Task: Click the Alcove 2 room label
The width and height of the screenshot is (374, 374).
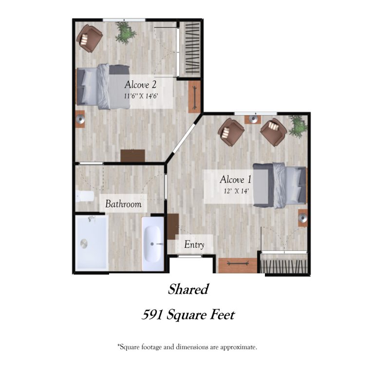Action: pos(140,85)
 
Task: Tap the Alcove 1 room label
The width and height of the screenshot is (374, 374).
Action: pos(235,180)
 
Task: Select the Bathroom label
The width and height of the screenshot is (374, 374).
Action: pos(123,204)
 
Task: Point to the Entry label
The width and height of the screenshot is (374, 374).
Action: pos(194,245)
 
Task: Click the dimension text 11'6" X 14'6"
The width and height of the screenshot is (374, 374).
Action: pos(141,96)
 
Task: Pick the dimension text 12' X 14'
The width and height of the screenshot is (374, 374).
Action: pos(237,191)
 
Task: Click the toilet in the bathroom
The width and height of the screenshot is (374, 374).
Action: pos(85,196)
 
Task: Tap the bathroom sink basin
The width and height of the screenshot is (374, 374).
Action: pos(152,244)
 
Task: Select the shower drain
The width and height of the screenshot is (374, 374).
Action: pos(84,244)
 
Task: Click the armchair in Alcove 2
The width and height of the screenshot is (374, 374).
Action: pos(90,38)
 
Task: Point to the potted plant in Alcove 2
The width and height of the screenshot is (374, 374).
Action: pos(125,33)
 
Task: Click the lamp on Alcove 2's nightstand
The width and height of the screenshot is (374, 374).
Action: pos(81,118)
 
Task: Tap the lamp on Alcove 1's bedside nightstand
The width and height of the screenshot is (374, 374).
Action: pos(303,218)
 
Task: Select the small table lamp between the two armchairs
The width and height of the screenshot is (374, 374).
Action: pos(253,119)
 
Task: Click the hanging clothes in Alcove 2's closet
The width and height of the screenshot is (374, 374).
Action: pos(192,49)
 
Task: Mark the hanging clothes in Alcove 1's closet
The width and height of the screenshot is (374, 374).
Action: pos(284,266)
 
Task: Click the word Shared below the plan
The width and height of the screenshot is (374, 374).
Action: pos(188,289)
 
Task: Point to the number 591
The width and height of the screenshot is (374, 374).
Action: pos(152,315)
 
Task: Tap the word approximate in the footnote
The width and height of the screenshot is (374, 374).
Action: pos(238,347)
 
